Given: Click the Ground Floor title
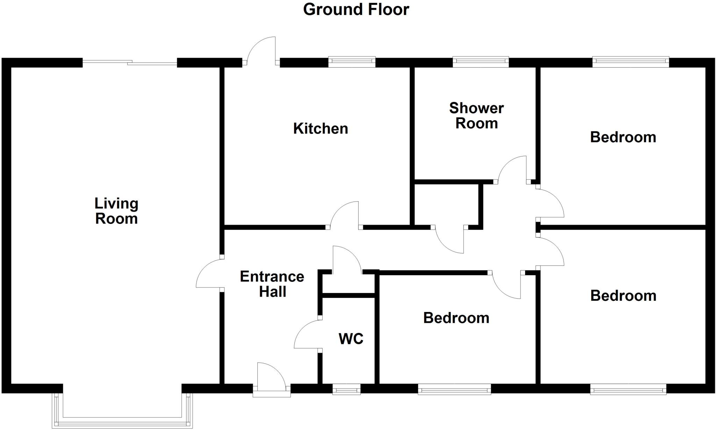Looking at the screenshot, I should (x=356, y=9).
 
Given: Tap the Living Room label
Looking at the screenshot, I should (x=116, y=211).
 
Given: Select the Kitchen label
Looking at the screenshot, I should (x=321, y=129).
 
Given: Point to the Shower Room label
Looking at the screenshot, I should (x=476, y=116).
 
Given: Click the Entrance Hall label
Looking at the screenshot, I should (x=272, y=284).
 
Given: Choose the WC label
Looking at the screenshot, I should (x=351, y=338).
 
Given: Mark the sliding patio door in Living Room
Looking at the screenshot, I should (x=130, y=63).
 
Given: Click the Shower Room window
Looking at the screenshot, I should (x=480, y=62).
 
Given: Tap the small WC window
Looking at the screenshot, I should (x=346, y=389).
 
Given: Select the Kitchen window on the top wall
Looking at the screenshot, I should (x=352, y=62).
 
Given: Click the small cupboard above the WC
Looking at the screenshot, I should (x=348, y=284).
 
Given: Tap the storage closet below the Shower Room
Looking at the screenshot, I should (x=446, y=204).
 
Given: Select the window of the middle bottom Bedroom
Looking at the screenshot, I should (x=454, y=389).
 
